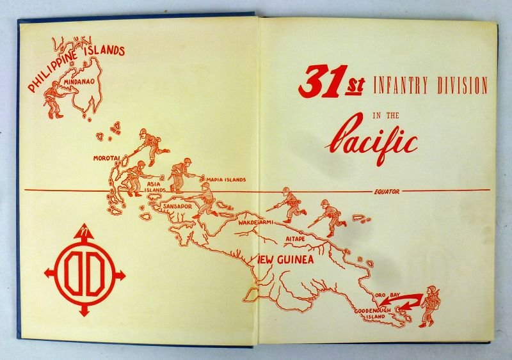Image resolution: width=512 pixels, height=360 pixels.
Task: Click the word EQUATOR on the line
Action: [x=386, y=191]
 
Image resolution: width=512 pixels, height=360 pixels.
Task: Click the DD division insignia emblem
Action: [x=84, y=272]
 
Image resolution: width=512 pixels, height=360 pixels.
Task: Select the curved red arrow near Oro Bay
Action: [x=408, y=301]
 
